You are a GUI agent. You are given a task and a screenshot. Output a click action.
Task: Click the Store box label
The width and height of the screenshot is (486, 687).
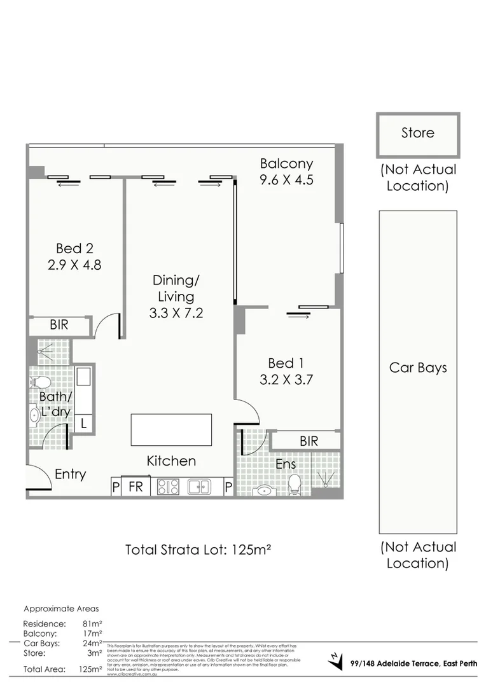[x=417, y=133]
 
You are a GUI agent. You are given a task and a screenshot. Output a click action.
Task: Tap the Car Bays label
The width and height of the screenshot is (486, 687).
[x=417, y=368]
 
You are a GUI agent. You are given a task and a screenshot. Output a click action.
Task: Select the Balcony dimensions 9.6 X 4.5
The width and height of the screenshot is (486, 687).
[x=286, y=180]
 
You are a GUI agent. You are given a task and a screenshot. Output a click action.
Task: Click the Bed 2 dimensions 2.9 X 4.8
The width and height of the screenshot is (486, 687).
[x=74, y=264]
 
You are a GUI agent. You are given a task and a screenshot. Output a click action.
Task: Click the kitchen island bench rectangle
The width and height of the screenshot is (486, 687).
[x=172, y=430]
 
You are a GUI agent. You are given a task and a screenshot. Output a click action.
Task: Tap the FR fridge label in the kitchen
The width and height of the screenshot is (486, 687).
[x=135, y=487]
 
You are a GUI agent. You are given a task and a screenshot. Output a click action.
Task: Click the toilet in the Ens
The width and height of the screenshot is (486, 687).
[x=295, y=485]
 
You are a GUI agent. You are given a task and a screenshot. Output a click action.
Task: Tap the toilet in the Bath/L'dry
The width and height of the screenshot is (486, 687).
[x=39, y=382]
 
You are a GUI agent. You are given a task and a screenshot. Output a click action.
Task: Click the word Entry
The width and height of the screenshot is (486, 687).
[x=70, y=474]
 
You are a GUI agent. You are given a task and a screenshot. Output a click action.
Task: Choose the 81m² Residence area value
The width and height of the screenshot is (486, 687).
[x=92, y=624]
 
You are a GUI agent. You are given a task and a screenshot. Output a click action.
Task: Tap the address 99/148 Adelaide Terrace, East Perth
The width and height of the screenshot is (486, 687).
[x=413, y=664]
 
